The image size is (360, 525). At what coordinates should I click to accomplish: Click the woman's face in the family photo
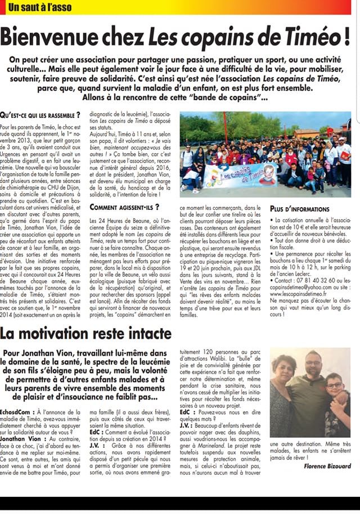[283, 371]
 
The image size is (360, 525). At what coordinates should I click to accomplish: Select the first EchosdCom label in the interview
[15, 412]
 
